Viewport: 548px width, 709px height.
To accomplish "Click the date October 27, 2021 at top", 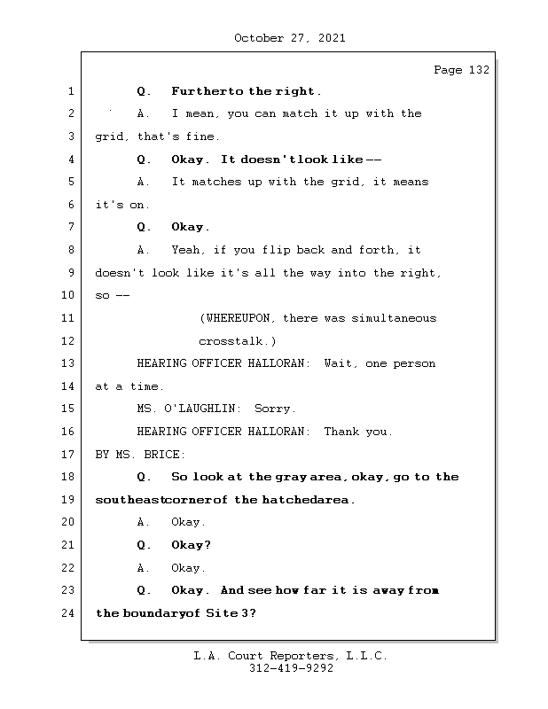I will tap(289, 38).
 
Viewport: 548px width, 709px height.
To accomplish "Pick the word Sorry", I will tap(275, 409).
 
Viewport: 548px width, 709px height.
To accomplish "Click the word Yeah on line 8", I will tap(188, 250).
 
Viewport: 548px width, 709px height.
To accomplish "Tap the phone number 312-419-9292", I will tap(291, 669).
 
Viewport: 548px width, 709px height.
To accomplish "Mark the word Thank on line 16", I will tap(342, 432).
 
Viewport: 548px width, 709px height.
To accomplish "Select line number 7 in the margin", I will tap(71, 227).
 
